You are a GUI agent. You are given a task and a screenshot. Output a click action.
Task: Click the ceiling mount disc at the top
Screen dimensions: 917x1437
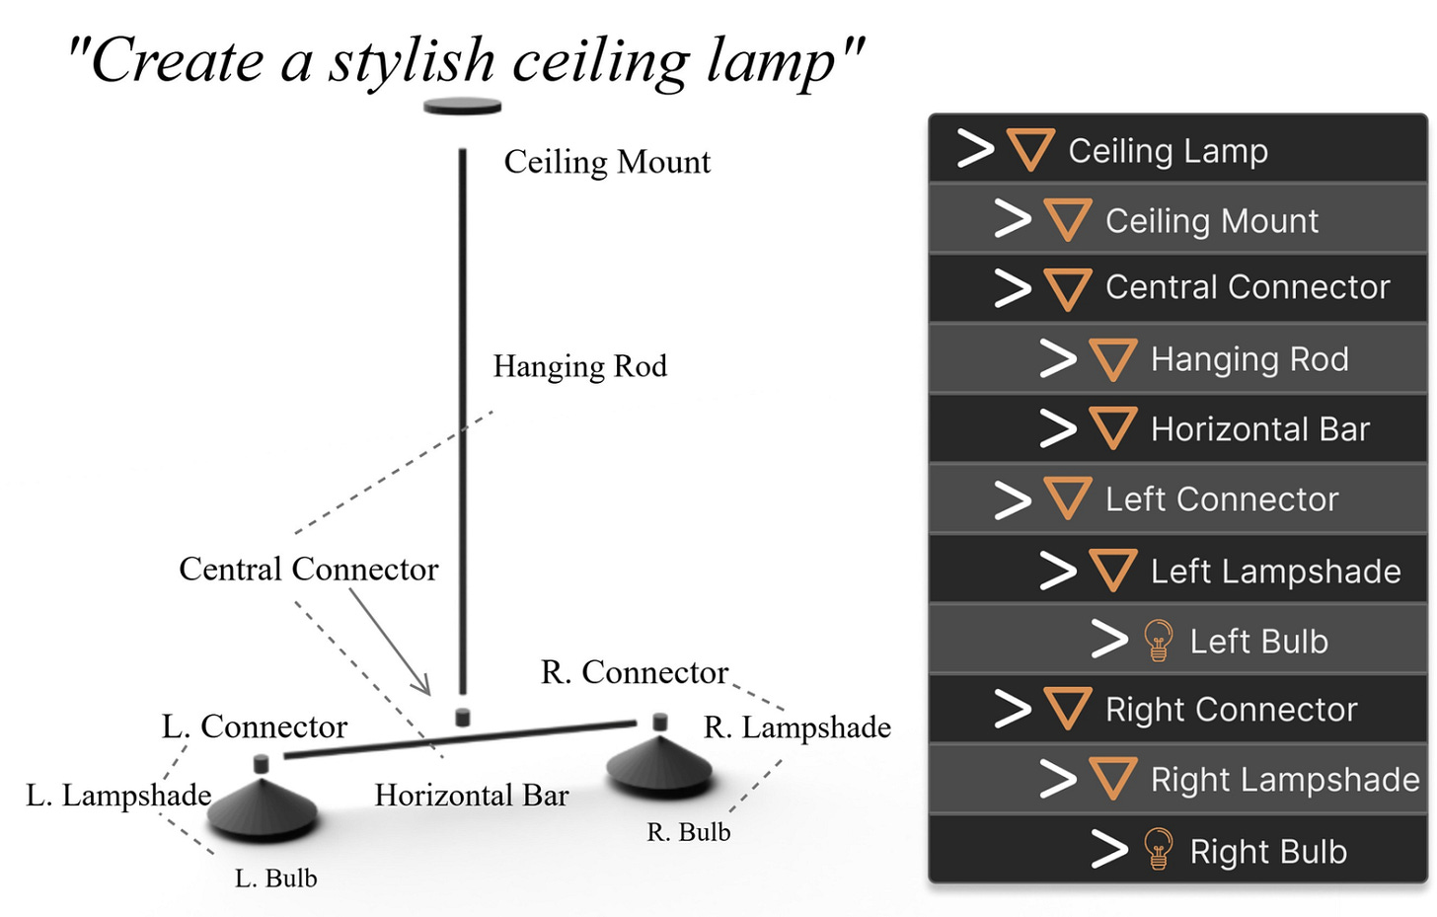pyautogui.click(x=462, y=107)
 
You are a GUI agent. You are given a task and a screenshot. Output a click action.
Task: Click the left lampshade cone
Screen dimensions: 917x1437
pyautogui.click(x=262, y=808)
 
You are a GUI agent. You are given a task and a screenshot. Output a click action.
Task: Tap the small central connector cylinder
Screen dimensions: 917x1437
pyautogui.click(x=462, y=717)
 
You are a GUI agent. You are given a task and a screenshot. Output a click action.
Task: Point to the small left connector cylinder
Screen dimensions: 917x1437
pyautogui.click(x=261, y=763)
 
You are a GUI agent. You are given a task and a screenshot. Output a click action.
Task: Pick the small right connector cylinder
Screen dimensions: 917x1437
pyautogui.click(x=660, y=722)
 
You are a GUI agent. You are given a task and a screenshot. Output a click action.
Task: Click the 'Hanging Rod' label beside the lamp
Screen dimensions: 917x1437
pyautogui.click(x=580, y=366)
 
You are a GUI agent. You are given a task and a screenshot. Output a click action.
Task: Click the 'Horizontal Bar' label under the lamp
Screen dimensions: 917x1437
pyautogui.click(x=472, y=796)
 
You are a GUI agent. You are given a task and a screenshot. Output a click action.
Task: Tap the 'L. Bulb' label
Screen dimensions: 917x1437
pyautogui.click(x=276, y=879)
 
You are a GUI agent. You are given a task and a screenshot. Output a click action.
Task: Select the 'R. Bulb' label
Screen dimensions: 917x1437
pyautogui.click(x=689, y=832)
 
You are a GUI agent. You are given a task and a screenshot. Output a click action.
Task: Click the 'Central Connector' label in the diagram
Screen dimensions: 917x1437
pyautogui.click(x=308, y=570)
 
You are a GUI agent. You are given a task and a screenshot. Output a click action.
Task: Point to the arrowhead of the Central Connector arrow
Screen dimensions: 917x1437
pyautogui.click(x=426, y=690)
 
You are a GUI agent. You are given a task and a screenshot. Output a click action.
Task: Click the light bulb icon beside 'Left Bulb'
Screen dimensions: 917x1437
pyautogui.click(x=1158, y=641)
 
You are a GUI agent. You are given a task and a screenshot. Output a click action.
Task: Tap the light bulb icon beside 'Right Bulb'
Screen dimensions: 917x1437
pyautogui.click(x=1158, y=850)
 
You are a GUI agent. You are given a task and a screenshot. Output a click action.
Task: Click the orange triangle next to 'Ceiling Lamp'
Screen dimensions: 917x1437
pyautogui.click(x=1030, y=150)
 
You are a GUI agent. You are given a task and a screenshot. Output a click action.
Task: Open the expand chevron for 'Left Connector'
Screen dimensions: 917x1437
pyautogui.click(x=1013, y=499)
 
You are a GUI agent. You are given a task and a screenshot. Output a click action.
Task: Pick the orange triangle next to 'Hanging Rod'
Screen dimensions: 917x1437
pyautogui.click(x=1113, y=359)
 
